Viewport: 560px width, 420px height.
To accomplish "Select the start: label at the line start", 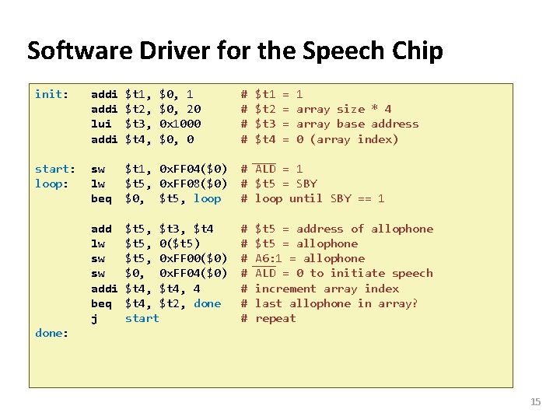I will pos(55,169).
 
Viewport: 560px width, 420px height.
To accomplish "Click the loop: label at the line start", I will pos(51,184).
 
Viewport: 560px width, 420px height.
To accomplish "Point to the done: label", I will pos(51,333).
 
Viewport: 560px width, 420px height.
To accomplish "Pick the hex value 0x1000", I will pos(180,124).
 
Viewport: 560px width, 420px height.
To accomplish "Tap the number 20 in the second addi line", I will pos(194,109).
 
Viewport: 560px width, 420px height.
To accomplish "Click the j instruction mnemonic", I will pos(95,318).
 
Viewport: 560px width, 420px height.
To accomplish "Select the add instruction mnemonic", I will pos(102,229).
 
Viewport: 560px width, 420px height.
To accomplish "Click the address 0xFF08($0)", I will pos(193,184).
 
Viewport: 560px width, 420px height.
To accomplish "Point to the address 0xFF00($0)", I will pos(193,258).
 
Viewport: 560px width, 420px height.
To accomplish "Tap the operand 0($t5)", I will pos(180,243).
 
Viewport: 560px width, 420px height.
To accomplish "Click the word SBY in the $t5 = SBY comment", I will pos(306,184).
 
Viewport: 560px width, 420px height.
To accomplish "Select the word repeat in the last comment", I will pos(275,318).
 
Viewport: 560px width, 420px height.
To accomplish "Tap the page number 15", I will pos(535,401).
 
